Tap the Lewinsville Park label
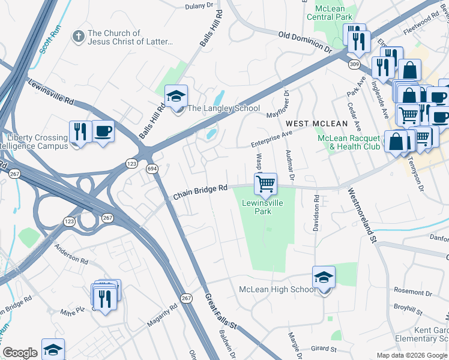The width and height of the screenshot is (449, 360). click(262, 207)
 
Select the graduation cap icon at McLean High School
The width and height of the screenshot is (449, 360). click(324, 278)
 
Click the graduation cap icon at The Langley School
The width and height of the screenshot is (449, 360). click(176, 97)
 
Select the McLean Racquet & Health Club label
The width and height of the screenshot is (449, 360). click(349, 142)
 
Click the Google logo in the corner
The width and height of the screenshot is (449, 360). click(20, 353)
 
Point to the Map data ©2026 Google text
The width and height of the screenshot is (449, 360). click(411, 355)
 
